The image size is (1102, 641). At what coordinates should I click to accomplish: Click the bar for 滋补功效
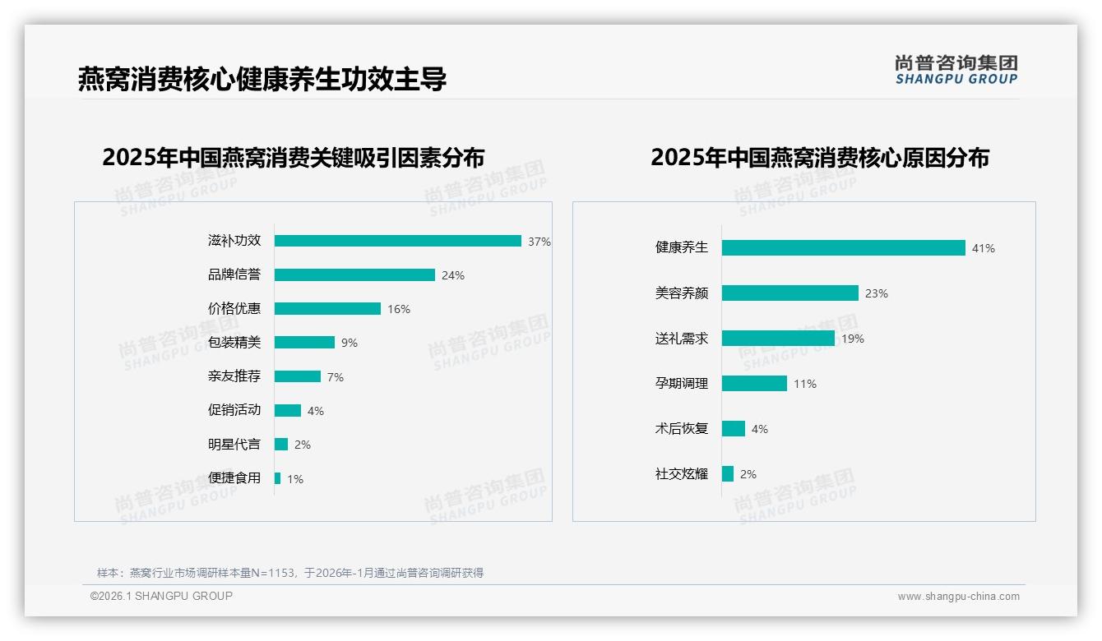click(398, 241)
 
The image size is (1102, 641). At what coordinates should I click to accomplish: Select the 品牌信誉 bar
click(354, 275)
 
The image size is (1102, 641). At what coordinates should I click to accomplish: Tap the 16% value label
click(399, 309)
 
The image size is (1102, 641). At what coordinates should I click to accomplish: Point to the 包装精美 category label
click(234, 343)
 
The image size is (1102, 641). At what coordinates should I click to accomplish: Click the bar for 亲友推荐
click(298, 376)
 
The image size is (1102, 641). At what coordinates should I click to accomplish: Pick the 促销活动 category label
click(234, 410)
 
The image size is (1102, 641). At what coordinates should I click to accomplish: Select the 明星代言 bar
click(281, 445)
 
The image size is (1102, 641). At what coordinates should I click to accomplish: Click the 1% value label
click(295, 479)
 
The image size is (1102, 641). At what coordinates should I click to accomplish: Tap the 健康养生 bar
click(843, 247)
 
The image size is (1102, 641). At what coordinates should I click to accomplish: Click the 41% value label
click(984, 248)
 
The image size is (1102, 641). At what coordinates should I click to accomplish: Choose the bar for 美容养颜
click(790, 293)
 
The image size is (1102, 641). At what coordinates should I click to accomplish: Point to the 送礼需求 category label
click(682, 339)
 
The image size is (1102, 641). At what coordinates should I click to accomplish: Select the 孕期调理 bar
click(754, 384)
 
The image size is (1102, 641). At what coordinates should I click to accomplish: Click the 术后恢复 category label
click(682, 429)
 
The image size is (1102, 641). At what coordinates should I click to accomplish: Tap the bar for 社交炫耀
click(728, 474)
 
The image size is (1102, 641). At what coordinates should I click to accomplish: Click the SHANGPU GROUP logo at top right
click(956, 70)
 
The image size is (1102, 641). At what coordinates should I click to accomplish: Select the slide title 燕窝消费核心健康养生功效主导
click(262, 80)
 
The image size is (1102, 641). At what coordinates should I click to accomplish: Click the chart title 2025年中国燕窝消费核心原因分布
click(820, 158)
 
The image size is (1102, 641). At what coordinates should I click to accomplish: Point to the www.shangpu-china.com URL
click(958, 597)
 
